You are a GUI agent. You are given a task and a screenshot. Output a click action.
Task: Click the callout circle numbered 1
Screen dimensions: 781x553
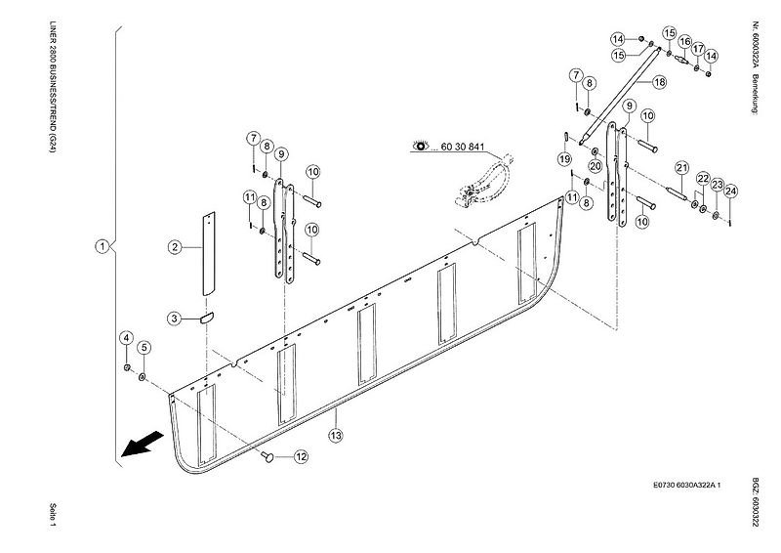(103, 246)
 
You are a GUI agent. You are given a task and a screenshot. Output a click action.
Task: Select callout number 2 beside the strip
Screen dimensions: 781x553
(175, 247)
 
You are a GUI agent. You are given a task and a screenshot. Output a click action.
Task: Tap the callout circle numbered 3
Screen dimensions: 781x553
(174, 319)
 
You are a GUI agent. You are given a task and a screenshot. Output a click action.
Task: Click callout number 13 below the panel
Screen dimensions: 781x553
(336, 436)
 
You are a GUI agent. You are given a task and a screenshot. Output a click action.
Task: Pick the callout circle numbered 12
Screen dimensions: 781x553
(301, 456)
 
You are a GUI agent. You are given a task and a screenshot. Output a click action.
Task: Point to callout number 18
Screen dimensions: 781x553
(660, 82)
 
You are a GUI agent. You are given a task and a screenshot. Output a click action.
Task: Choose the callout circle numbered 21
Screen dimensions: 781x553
(681, 168)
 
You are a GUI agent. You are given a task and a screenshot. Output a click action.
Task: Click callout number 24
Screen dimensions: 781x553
(730, 191)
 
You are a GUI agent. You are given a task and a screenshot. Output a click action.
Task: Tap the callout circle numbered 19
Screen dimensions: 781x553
(564, 159)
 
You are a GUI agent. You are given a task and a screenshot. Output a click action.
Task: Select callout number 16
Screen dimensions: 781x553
(685, 42)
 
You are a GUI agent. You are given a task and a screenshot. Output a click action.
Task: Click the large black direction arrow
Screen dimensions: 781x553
(143, 444)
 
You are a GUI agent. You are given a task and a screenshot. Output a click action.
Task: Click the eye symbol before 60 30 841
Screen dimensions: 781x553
(422, 147)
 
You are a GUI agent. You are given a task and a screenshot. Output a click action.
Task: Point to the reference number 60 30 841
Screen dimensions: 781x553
(463, 148)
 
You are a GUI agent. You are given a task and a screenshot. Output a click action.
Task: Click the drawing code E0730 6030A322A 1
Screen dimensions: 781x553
(686, 485)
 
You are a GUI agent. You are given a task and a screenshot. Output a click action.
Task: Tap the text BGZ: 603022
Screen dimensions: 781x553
(755, 503)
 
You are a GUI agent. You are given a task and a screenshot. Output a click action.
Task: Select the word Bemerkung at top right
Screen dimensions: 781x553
(755, 95)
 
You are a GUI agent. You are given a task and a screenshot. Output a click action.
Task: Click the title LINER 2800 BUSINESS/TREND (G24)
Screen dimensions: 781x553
(53, 86)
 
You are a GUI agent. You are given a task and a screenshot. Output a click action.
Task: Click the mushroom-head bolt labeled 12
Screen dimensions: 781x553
(267, 455)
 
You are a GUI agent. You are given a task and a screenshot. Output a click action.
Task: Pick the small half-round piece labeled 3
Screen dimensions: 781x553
(207, 318)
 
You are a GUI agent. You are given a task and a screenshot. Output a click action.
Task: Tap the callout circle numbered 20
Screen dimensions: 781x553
(596, 165)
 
